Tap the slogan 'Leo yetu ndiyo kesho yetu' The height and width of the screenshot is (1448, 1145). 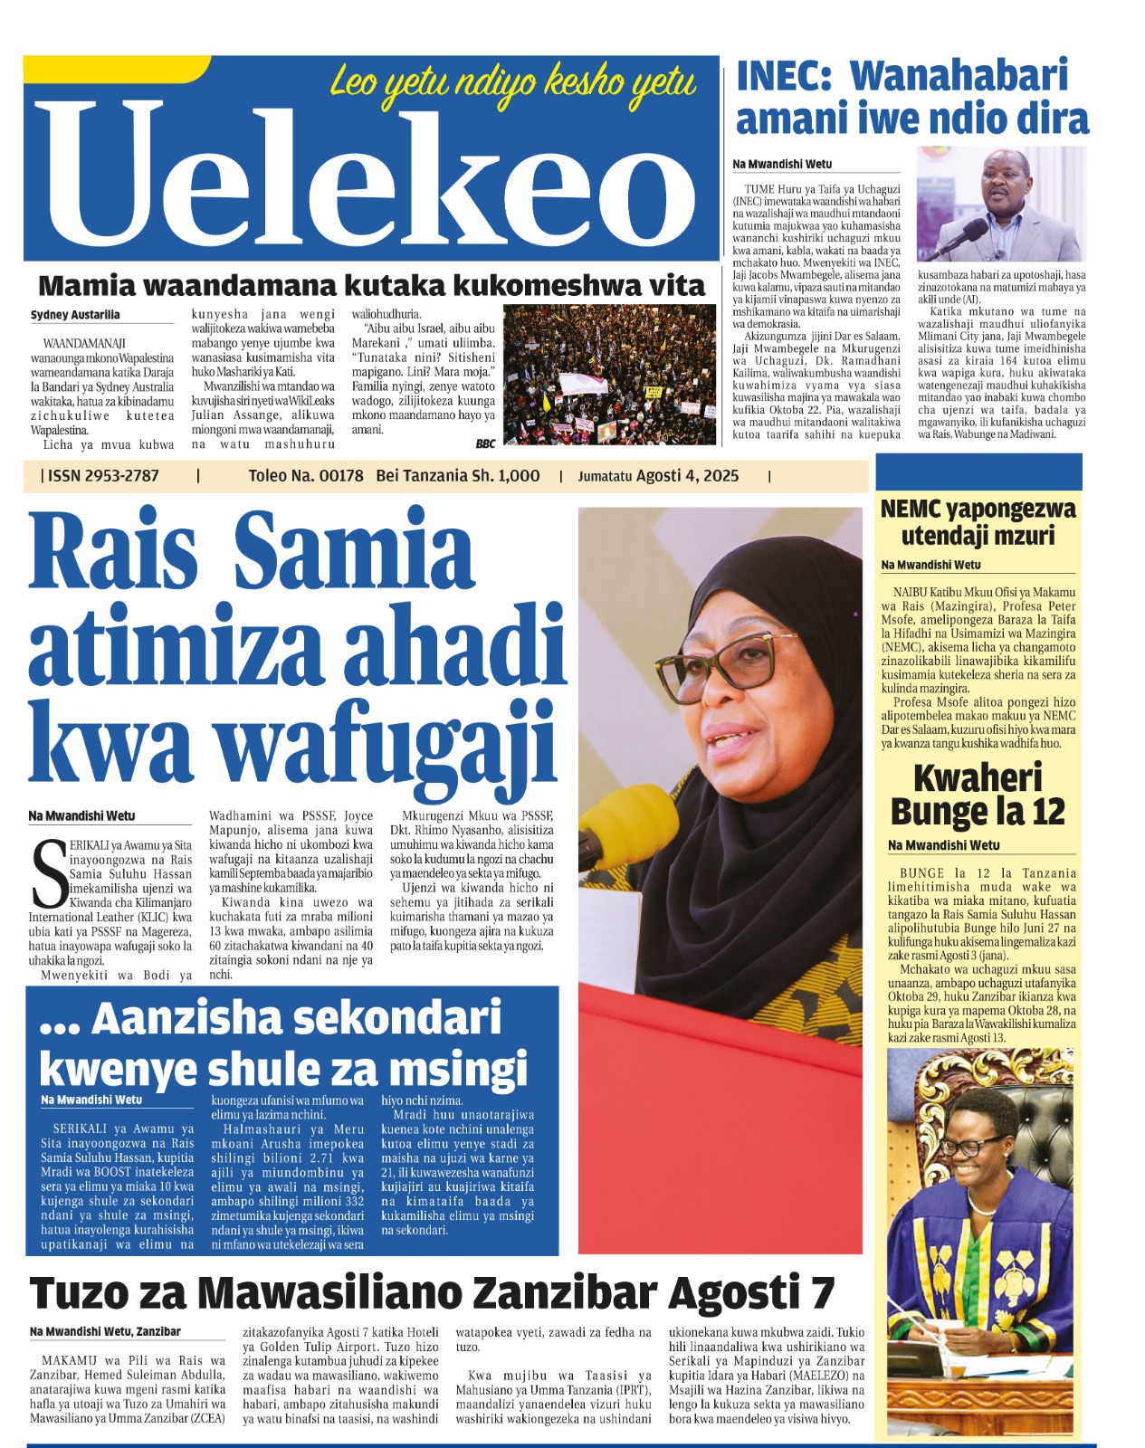click(x=512, y=83)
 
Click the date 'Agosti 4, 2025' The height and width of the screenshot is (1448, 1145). click(x=687, y=476)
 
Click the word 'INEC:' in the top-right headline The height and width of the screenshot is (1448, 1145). click(x=783, y=76)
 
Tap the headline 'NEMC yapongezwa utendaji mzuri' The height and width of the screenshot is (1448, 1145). click(x=978, y=522)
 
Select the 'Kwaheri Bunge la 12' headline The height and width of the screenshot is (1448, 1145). click(x=978, y=795)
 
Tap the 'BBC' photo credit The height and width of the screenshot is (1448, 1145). click(x=485, y=443)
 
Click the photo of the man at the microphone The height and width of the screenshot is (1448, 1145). click(x=1000, y=205)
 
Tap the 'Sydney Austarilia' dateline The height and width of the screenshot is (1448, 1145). click(x=75, y=315)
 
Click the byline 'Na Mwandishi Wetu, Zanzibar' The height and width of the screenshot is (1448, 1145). click(x=105, y=1331)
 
